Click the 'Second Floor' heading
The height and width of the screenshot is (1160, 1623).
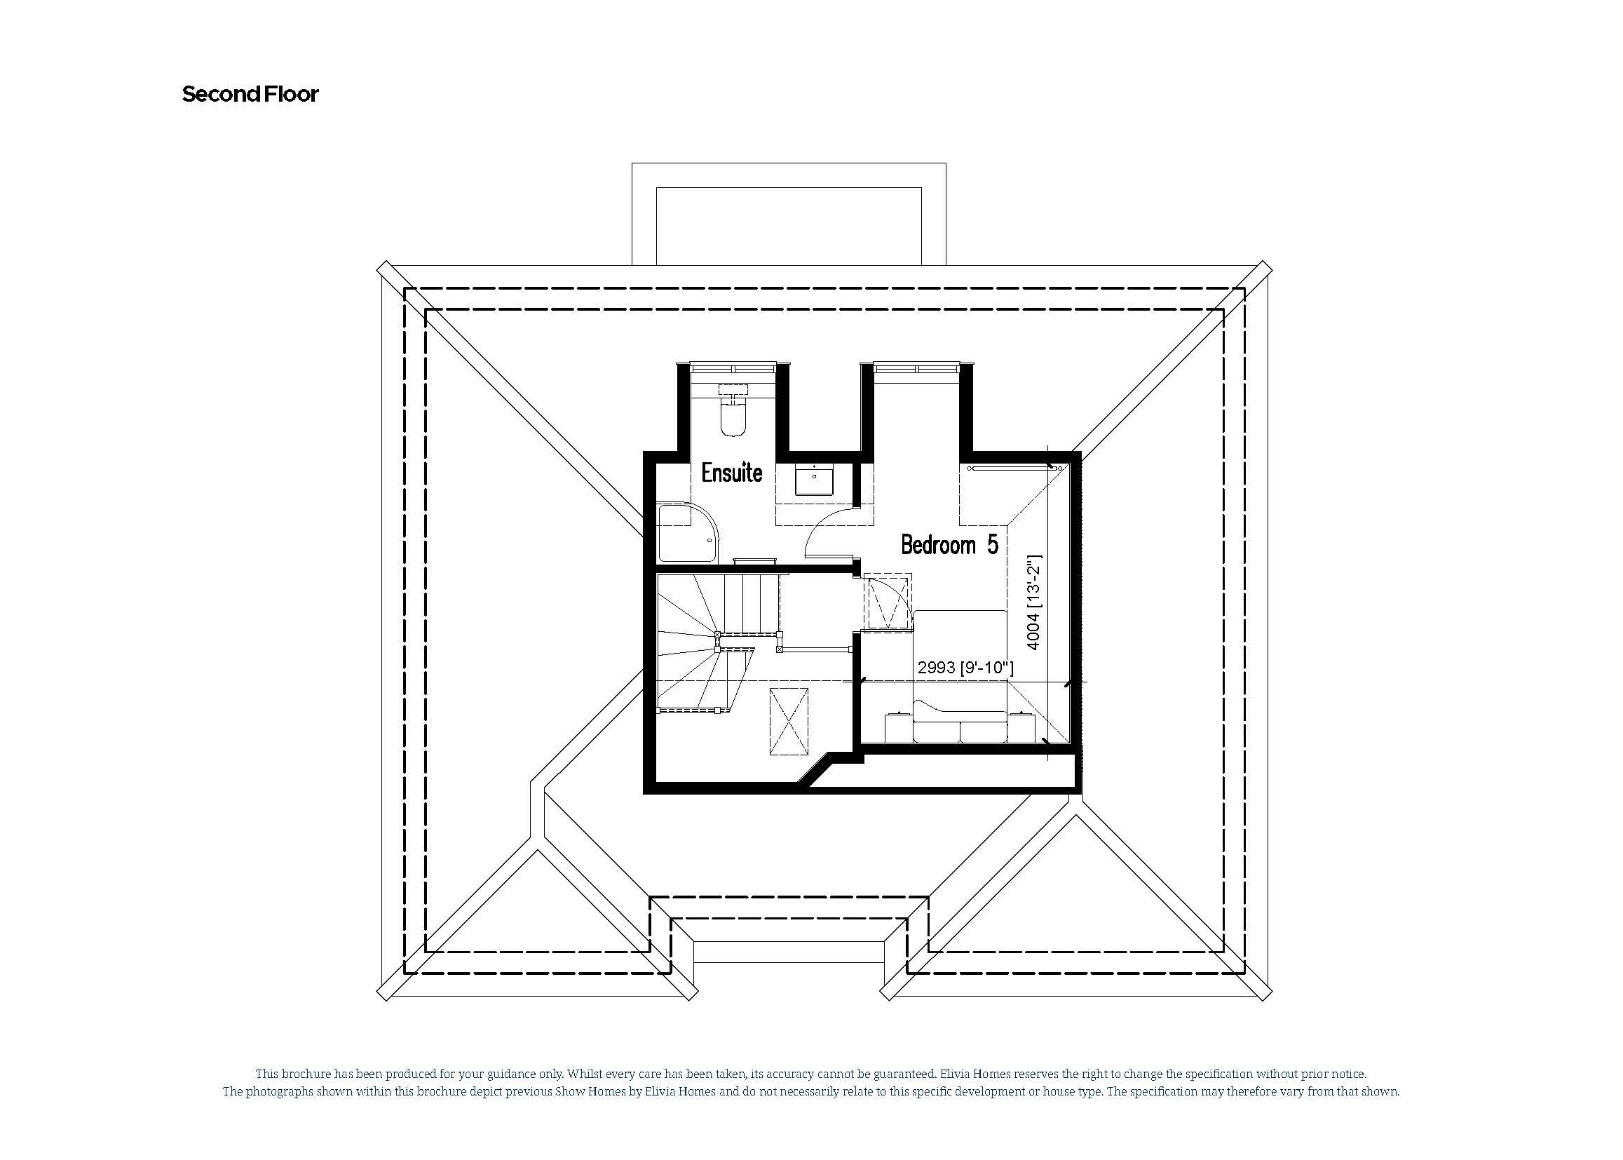point(250,94)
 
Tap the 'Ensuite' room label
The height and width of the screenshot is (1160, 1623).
point(731,473)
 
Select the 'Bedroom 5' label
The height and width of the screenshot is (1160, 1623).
point(949,545)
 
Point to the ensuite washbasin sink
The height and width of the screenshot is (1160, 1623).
point(814,478)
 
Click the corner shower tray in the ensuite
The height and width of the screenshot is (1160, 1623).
point(686,532)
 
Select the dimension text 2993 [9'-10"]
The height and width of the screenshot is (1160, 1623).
point(965,668)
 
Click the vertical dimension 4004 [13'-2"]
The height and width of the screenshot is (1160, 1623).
point(1033,604)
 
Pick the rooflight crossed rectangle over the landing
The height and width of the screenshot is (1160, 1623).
point(788,722)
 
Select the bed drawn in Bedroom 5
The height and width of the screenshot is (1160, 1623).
point(960,671)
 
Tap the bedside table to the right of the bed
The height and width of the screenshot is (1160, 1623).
point(1021,728)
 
